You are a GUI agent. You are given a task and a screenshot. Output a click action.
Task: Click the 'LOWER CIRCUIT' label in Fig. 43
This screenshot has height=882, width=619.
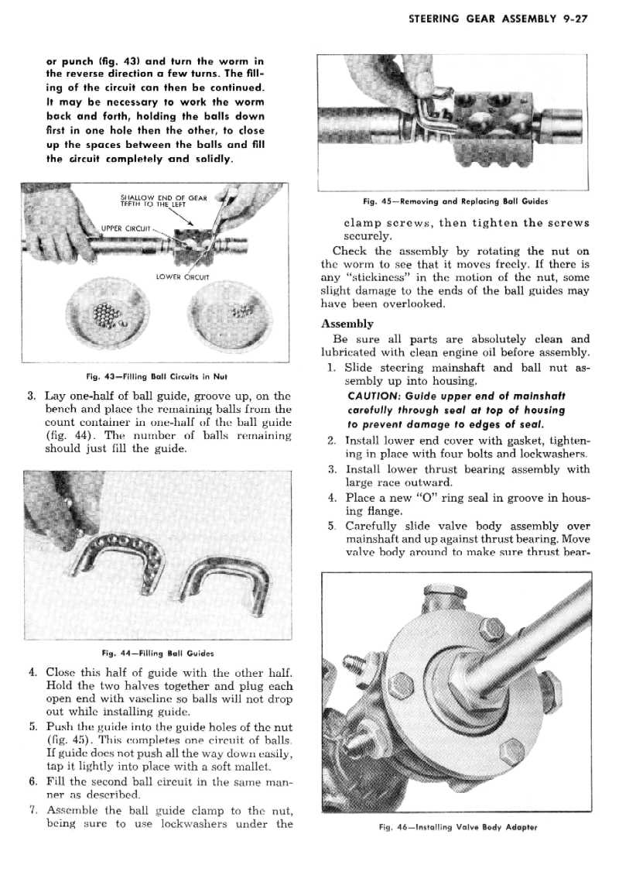coord(180,276)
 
